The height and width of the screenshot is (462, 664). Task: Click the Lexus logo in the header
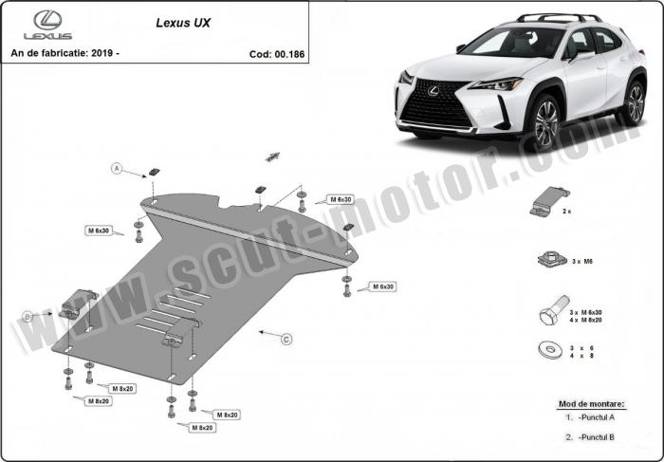pyautogui.click(x=47, y=25)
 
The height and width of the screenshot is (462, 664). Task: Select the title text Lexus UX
pyautogui.click(x=183, y=23)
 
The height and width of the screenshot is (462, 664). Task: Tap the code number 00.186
pyautogui.click(x=289, y=54)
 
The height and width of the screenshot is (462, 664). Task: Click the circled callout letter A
pyautogui.click(x=117, y=169)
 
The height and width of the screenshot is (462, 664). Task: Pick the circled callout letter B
pyautogui.click(x=28, y=316)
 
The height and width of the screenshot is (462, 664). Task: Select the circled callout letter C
pyautogui.click(x=286, y=340)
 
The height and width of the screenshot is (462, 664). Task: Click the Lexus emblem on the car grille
pyautogui.click(x=433, y=91)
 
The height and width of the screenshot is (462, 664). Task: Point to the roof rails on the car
pyautogui.click(x=558, y=17)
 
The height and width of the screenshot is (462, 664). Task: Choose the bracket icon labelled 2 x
pyautogui.click(x=549, y=201)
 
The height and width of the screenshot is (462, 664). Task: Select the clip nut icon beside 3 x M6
pyautogui.click(x=552, y=259)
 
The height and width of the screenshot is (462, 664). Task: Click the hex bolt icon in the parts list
pyautogui.click(x=554, y=310)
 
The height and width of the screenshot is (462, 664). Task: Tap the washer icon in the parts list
pyautogui.click(x=550, y=350)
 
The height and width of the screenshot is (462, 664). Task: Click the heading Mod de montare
pyautogui.click(x=591, y=404)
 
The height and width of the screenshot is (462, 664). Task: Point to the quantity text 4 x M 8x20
pyautogui.click(x=585, y=320)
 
